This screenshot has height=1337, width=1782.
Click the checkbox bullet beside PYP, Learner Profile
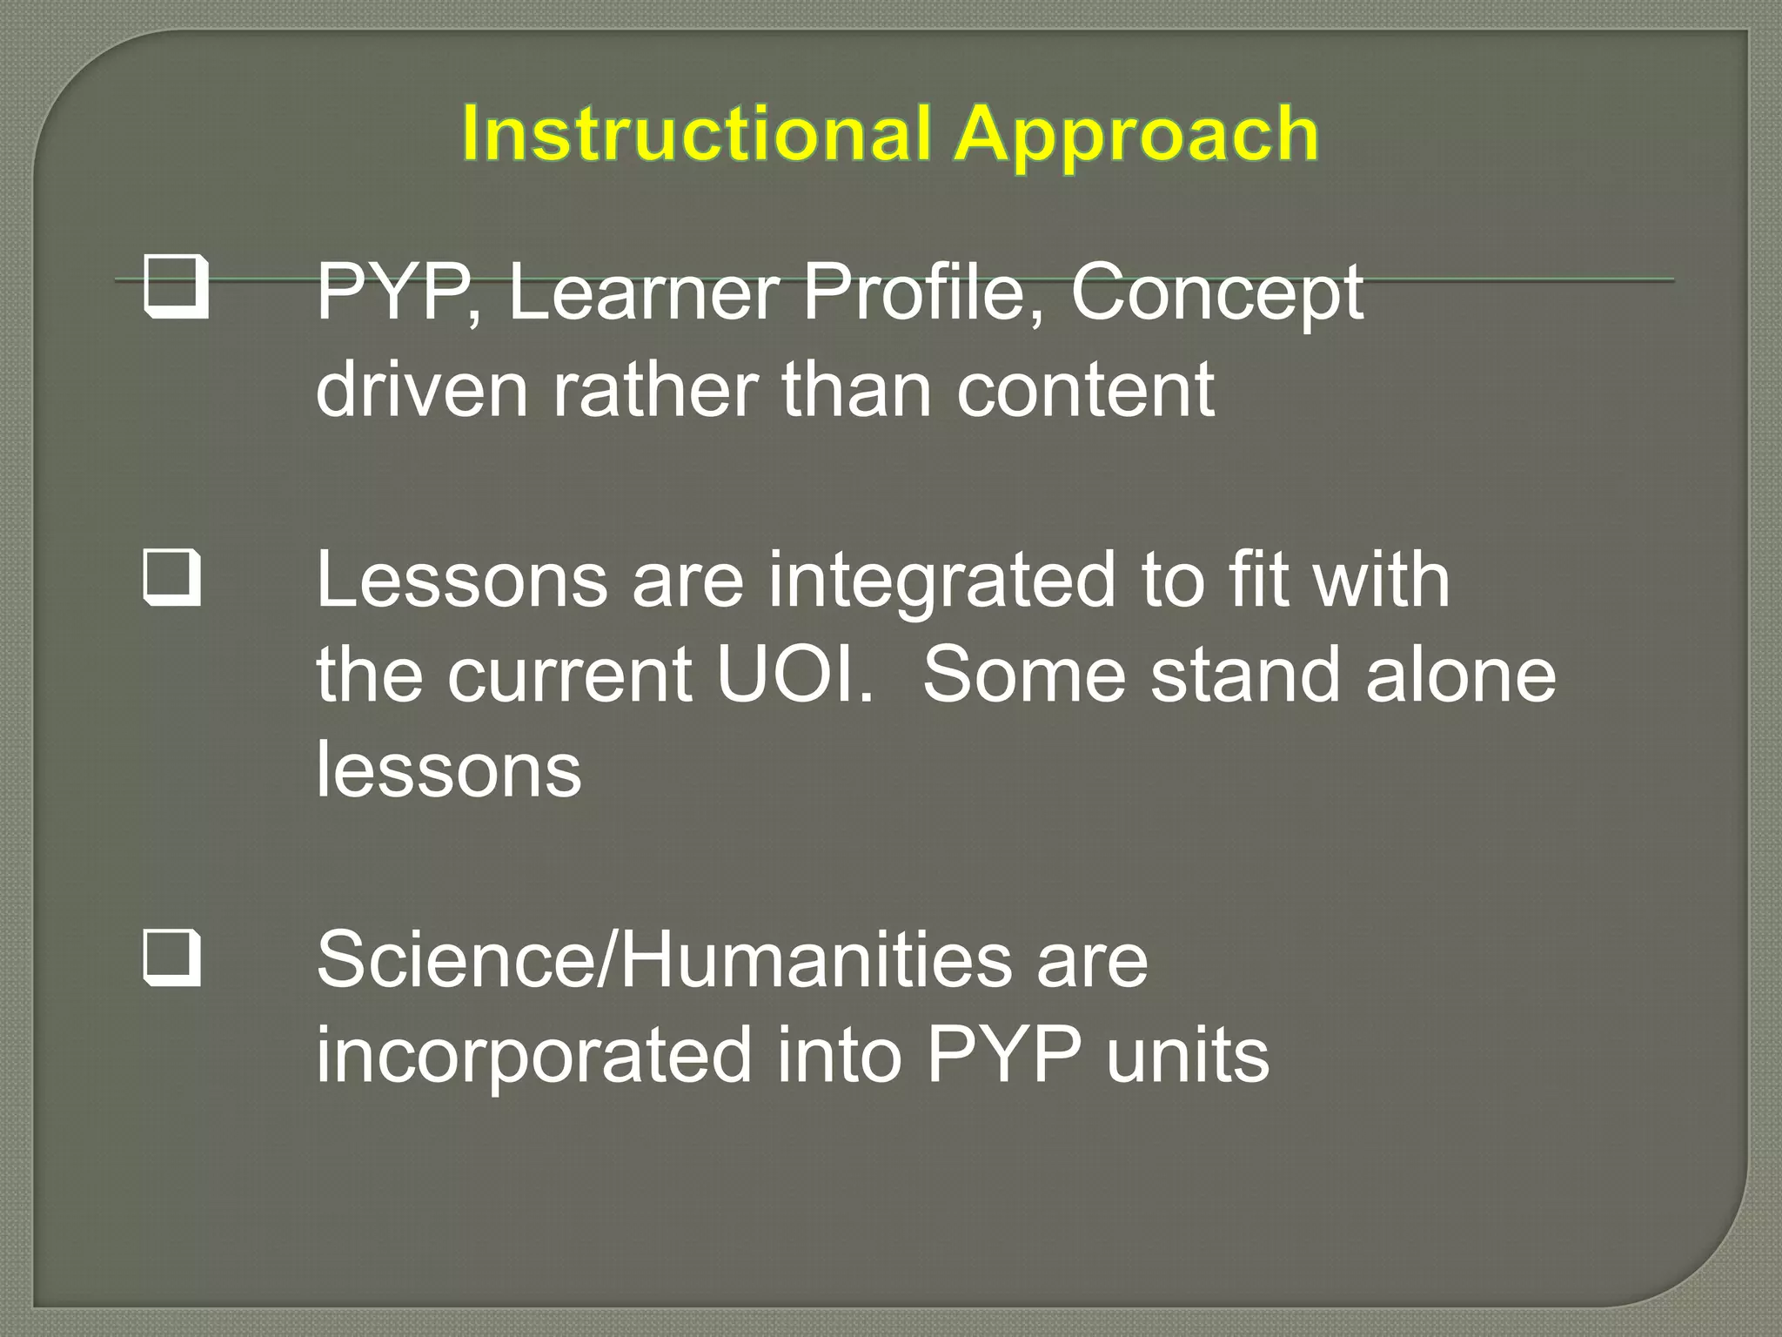[176, 286]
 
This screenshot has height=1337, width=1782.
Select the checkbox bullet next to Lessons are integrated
[172, 577]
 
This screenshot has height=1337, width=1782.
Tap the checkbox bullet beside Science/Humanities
[172, 957]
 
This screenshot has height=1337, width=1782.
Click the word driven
[422, 389]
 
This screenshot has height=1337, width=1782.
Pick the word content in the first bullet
[1085, 389]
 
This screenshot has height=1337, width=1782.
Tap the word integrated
[940, 581]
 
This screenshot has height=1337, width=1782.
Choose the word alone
[1461, 675]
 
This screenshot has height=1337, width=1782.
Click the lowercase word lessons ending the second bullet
[448, 770]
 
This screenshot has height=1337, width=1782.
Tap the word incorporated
[533, 1055]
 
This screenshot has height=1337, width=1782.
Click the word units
[1188, 1055]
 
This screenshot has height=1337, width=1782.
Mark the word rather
[655, 389]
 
